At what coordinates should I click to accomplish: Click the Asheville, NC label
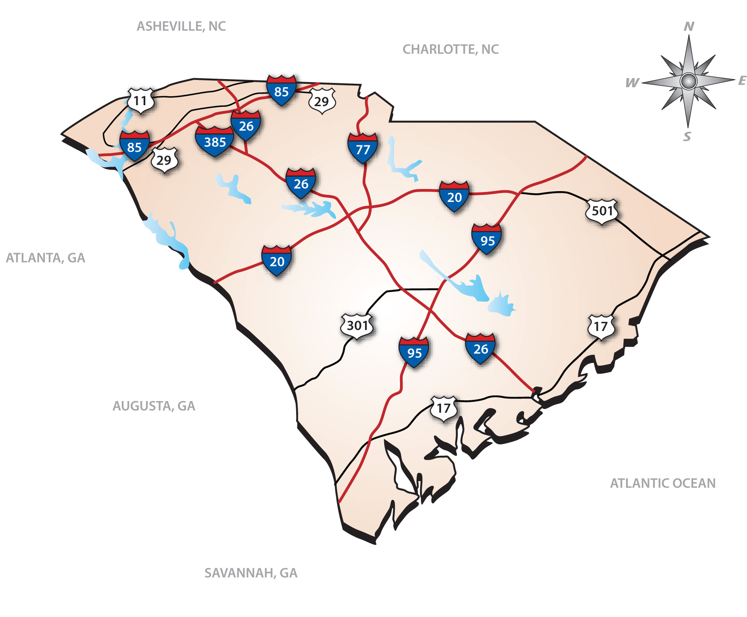(x=181, y=27)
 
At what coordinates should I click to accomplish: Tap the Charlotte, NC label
(x=450, y=50)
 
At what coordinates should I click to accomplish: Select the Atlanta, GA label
(x=45, y=258)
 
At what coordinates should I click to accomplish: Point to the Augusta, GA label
(x=154, y=406)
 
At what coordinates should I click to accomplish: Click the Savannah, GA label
(x=251, y=573)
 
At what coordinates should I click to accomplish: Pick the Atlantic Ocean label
(x=662, y=483)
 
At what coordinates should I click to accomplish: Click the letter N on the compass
(x=689, y=27)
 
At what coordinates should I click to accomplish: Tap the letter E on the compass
(x=742, y=80)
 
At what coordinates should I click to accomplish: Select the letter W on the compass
(x=632, y=83)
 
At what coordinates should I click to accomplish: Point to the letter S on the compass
(x=687, y=137)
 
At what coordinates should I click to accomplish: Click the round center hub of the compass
(x=688, y=81)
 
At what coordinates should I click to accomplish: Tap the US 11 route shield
(x=141, y=101)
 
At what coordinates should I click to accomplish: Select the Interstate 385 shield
(x=215, y=142)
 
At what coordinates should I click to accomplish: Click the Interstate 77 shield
(x=363, y=149)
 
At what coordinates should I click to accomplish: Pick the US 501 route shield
(x=602, y=211)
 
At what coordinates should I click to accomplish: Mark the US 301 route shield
(x=357, y=326)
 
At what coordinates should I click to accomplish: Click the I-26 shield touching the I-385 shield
(x=246, y=125)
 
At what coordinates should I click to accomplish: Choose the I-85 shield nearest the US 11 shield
(x=135, y=146)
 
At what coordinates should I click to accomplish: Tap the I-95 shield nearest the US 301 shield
(x=414, y=352)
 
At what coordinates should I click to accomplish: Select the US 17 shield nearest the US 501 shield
(x=601, y=327)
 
